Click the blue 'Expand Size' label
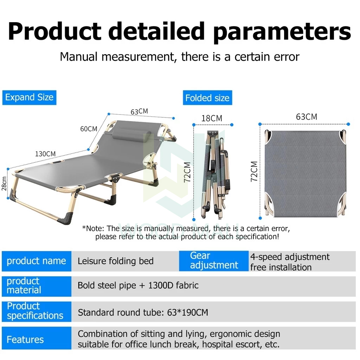(29, 98)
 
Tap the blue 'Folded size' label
(207, 98)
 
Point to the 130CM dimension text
(45, 154)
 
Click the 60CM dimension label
(89, 129)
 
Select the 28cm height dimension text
(4, 184)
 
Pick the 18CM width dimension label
(212, 118)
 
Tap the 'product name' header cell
(37, 261)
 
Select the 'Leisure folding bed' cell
(115, 261)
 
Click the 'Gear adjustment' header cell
(214, 261)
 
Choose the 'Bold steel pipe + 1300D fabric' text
(138, 285)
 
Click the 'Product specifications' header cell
(37, 311)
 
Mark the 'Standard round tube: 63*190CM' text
(143, 313)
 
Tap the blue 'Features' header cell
(37, 338)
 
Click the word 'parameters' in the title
(282, 32)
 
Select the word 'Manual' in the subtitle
(79, 57)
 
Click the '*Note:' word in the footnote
(93, 229)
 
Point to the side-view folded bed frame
(215, 174)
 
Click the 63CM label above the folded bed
(307, 117)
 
